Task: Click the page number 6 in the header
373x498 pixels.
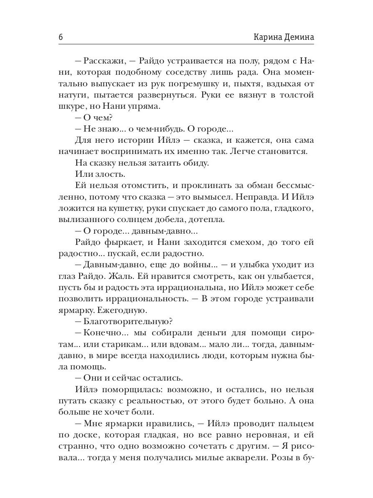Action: (x=61, y=37)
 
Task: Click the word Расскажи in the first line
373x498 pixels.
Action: (x=104, y=61)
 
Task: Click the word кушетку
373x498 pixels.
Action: (x=137, y=208)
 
